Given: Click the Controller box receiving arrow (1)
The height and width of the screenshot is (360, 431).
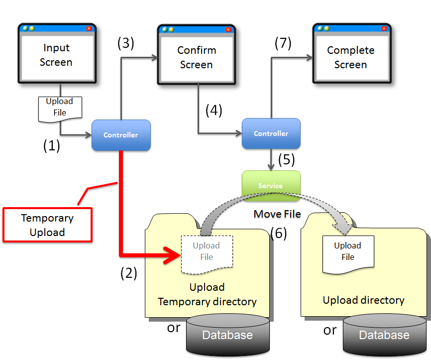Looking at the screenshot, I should click(x=121, y=135).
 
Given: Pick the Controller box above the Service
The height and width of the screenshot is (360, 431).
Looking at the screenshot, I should click(x=271, y=133).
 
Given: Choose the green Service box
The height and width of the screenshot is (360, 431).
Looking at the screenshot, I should click(x=271, y=186).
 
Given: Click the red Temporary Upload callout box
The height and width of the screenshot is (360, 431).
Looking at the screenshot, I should click(x=47, y=225).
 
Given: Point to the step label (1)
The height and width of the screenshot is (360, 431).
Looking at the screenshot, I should click(x=51, y=146).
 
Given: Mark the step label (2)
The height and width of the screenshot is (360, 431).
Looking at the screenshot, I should click(x=128, y=273).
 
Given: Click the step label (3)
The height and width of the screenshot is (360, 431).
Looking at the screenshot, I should click(x=126, y=43).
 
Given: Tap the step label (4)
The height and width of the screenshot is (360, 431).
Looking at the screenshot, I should click(x=214, y=110).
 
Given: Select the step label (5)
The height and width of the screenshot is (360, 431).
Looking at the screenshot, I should click(x=286, y=159).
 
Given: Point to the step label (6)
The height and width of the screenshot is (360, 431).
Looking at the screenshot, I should click(x=278, y=233).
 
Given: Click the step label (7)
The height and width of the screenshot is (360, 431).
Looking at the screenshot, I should click(x=283, y=43).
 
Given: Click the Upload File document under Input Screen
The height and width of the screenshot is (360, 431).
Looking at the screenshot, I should click(x=60, y=108).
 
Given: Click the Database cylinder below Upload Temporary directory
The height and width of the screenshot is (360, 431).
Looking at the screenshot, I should click(x=227, y=334).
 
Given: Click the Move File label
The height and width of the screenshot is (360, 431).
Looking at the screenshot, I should click(x=277, y=214).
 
